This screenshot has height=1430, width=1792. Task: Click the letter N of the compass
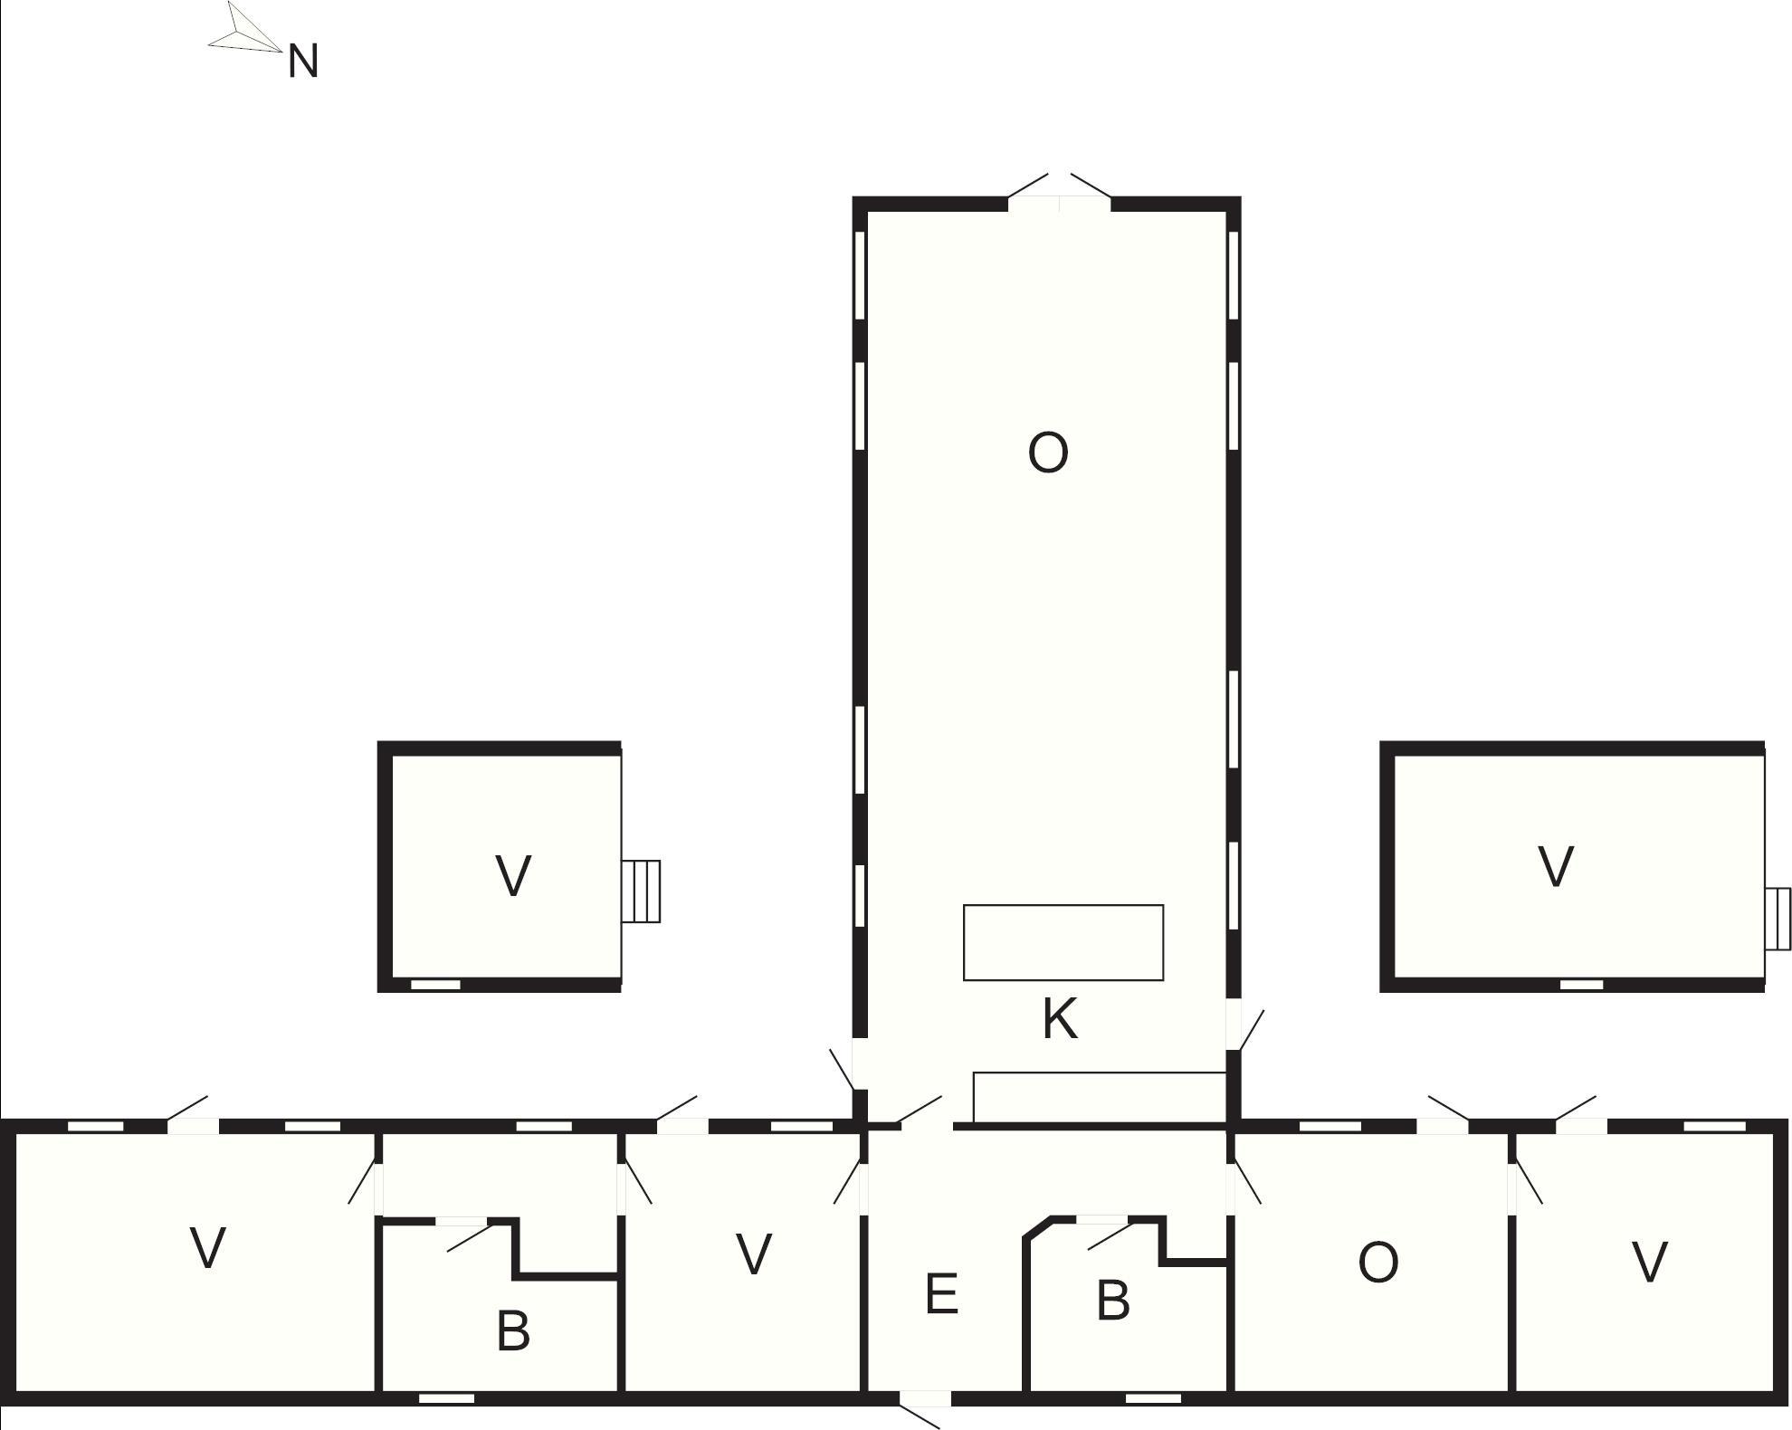tap(303, 62)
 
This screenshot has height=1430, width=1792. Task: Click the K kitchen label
tap(1060, 1018)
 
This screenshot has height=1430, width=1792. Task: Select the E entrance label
tap(941, 1293)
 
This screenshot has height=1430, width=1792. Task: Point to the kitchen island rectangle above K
tap(1063, 942)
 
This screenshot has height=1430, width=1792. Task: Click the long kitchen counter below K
tap(1100, 1098)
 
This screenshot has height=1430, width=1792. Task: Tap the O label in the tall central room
tap(1048, 453)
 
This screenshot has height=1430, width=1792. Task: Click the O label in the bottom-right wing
tap(1377, 1263)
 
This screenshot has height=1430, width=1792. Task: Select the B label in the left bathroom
tap(513, 1331)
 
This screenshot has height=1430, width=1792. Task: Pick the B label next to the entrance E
tap(1113, 1301)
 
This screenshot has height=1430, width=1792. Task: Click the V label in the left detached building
tap(513, 875)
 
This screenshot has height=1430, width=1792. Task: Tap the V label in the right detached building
tap(1556, 866)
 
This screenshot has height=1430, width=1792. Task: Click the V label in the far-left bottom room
tap(208, 1248)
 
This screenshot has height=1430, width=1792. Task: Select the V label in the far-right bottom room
tap(1649, 1263)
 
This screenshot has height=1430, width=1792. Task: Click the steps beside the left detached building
tap(641, 891)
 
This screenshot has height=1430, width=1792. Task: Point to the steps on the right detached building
tap(1778, 919)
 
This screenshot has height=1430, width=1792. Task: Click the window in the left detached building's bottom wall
tap(435, 985)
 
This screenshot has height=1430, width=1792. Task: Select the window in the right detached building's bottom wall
tap(1582, 985)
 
